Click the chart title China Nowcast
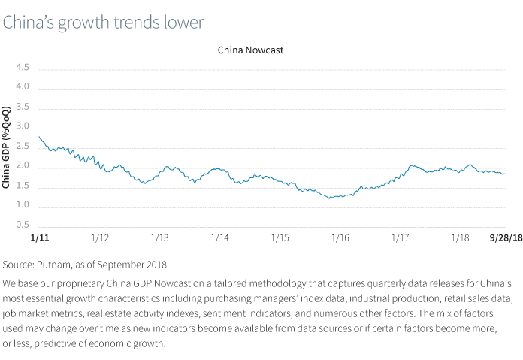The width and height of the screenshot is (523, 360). pyautogui.click(x=250, y=50)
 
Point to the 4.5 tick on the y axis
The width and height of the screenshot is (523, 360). pyautogui.click(x=23, y=68)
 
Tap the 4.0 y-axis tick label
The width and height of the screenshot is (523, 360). pyautogui.click(x=23, y=87)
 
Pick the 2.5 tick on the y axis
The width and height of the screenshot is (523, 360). pyautogui.click(x=23, y=146)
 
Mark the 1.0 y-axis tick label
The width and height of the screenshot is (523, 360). pyautogui.click(x=23, y=205)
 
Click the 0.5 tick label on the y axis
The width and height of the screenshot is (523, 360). pyautogui.click(x=23, y=225)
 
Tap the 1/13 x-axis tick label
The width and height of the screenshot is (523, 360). pyautogui.click(x=159, y=237)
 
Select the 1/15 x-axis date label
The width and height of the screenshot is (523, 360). pyautogui.click(x=280, y=237)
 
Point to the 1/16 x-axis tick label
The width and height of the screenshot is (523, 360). pyautogui.click(x=340, y=237)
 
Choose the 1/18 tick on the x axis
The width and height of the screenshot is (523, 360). pyautogui.click(x=460, y=237)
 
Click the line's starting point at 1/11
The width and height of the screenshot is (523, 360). pyautogui.click(x=38, y=137)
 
